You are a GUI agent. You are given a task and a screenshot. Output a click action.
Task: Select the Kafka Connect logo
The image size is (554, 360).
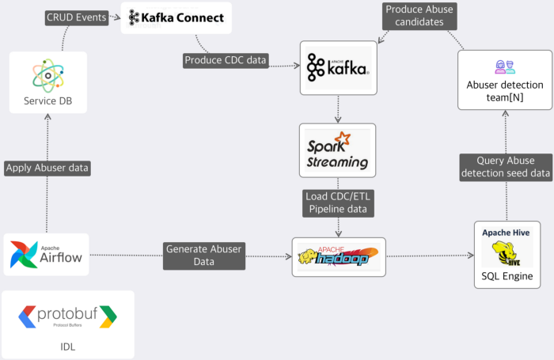click(x=176, y=17)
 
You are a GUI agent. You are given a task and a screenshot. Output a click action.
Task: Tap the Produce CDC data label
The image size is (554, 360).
click(x=226, y=60)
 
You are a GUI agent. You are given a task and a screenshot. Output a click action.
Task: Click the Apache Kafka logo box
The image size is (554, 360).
click(x=338, y=66)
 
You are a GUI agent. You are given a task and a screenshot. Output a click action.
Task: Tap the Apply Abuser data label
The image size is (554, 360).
click(x=47, y=168)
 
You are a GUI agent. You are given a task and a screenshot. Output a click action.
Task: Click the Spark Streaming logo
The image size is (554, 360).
click(x=338, y=150)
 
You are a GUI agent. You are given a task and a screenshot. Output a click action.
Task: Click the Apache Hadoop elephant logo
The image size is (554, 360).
click(x=338, y=256)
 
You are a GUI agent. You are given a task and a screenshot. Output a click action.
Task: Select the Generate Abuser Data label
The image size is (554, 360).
click(x=203, y=256)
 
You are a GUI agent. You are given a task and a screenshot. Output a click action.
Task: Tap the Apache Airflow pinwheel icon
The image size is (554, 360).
click(x=25, y=254)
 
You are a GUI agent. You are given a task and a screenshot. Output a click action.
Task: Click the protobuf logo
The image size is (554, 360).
click(x=68, y=316)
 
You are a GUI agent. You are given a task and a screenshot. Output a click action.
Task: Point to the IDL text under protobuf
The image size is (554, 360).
click(x=68, y=347)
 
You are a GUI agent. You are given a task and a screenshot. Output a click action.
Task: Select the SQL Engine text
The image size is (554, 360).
click(x=507, y=277)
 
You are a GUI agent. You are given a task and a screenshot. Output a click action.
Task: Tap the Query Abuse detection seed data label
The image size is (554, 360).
click(x=507, y=167)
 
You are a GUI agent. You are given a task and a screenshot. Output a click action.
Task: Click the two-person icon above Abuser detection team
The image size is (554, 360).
click(x=505, y=66)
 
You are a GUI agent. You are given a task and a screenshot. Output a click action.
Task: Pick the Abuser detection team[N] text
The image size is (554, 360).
click(x=505, y=92)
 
